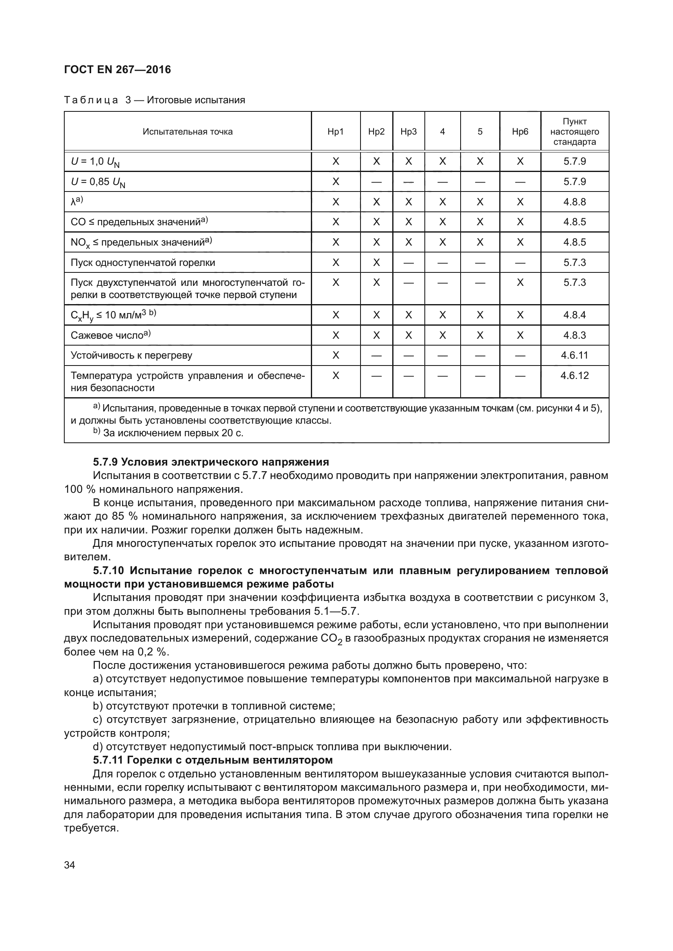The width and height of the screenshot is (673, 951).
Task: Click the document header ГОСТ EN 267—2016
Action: (x=117, y=70)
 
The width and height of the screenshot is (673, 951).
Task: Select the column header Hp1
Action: (x=335, y=132)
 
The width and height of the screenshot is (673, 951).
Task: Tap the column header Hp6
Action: (x=520, y=132)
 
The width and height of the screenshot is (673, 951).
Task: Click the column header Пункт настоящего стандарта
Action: (x=575, y=132)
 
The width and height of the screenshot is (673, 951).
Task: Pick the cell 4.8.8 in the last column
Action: (x=575, y=202)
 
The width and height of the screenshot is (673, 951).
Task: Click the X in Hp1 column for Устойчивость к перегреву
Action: (x=336, y=355)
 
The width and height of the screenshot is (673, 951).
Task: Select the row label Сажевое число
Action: (x=110, y=335)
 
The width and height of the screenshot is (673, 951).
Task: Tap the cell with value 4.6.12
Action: (x=575, y=375)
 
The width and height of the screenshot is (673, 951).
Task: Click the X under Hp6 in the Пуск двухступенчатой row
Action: (x=520, y=283)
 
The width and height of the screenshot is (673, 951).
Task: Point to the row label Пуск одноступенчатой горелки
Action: (x=143, y=263)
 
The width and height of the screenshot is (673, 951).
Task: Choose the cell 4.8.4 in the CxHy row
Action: (x=575, y=315)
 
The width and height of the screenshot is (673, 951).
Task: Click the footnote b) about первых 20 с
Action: (x=168, y=433)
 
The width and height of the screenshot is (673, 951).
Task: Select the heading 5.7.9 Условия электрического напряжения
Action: (x=211, y=462)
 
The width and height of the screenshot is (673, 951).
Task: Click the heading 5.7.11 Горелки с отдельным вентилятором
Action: (x=212, y=760)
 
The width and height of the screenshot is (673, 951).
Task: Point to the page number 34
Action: (x=70, y=865)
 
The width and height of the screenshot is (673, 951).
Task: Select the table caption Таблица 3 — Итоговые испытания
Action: (x=155, y=100)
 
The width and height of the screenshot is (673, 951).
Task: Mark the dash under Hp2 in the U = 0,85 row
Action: (x=376, y=182)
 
